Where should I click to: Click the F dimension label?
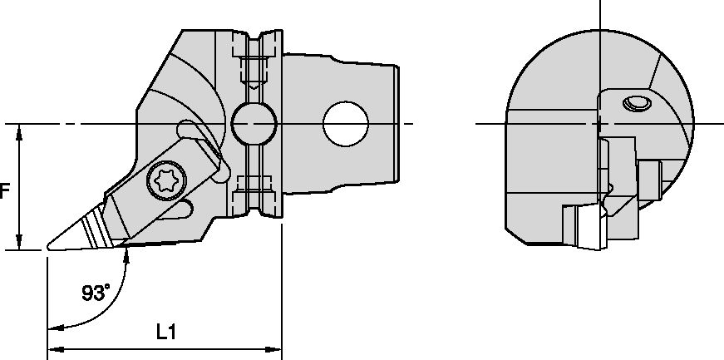5,190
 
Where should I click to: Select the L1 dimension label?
166,332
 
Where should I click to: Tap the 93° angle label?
96,293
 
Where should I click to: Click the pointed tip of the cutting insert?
48,247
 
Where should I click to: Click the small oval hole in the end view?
638,104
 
